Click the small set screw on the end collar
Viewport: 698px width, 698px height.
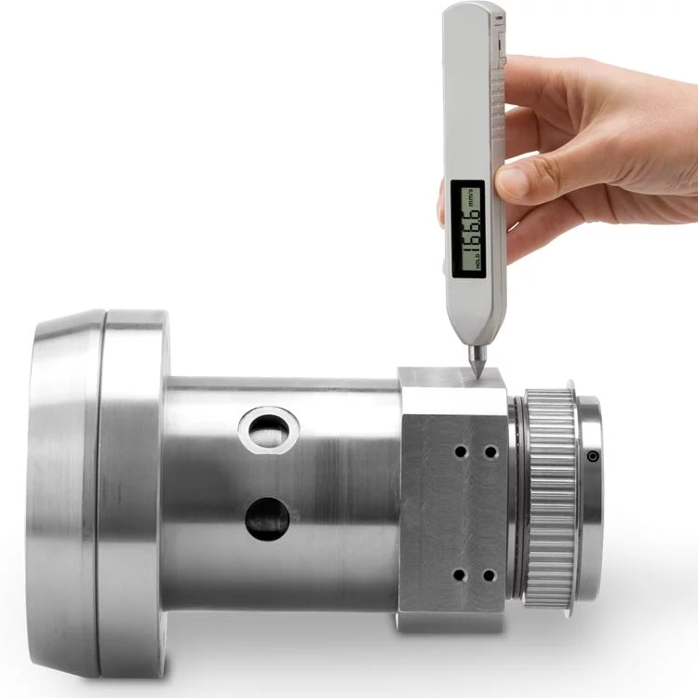point(593,457)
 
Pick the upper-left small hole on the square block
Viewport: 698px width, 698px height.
point(461,452)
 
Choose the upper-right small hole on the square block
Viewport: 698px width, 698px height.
point(490,453)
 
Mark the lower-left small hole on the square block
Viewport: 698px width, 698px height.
point(460,575)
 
